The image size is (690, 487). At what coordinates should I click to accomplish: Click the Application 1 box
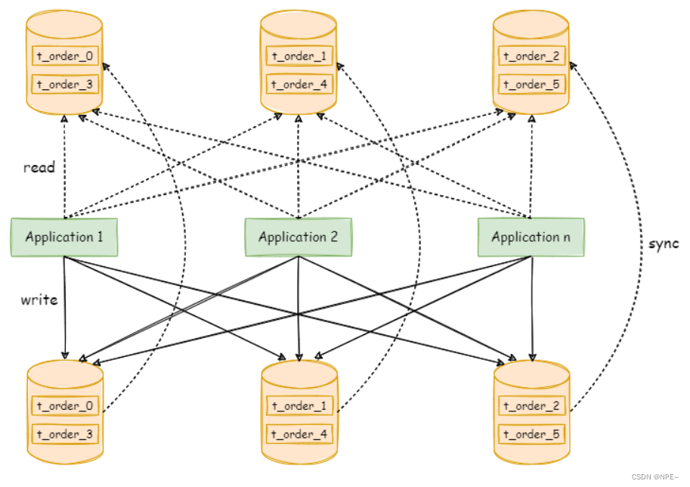coord(64,237)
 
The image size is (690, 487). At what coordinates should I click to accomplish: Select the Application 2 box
coord(298,237)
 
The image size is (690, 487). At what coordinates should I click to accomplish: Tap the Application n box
coord(531,237)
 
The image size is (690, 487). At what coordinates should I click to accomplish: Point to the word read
coord(39,167)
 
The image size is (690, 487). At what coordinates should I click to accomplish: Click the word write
coord(39,300)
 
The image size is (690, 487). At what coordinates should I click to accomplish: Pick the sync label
coord(664,243)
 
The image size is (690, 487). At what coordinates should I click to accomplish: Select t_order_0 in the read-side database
coord(65,56)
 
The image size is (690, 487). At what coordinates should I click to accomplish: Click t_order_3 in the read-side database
coord(65,84)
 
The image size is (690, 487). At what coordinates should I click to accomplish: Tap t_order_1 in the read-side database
coord(299,56)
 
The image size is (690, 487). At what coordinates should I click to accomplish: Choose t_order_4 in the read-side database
coord(299,84)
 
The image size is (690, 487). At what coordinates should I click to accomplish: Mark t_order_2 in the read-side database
coord(531,56)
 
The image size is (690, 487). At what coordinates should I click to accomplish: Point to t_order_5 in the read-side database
coord(531,84)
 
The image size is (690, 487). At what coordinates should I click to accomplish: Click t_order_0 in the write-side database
coord(65,406)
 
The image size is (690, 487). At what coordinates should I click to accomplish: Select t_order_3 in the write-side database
coord(65,434)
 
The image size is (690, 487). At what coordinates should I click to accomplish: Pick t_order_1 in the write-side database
coord(299,406)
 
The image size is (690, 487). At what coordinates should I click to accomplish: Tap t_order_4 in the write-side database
coord(299,434)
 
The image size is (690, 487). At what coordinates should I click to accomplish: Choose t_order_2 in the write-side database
coord(531,406)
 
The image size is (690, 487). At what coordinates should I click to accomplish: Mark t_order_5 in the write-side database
coord(531,434)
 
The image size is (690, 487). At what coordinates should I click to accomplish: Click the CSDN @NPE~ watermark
coord(654,478)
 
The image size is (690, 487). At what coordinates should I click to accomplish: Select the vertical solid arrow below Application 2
coord(299,310)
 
